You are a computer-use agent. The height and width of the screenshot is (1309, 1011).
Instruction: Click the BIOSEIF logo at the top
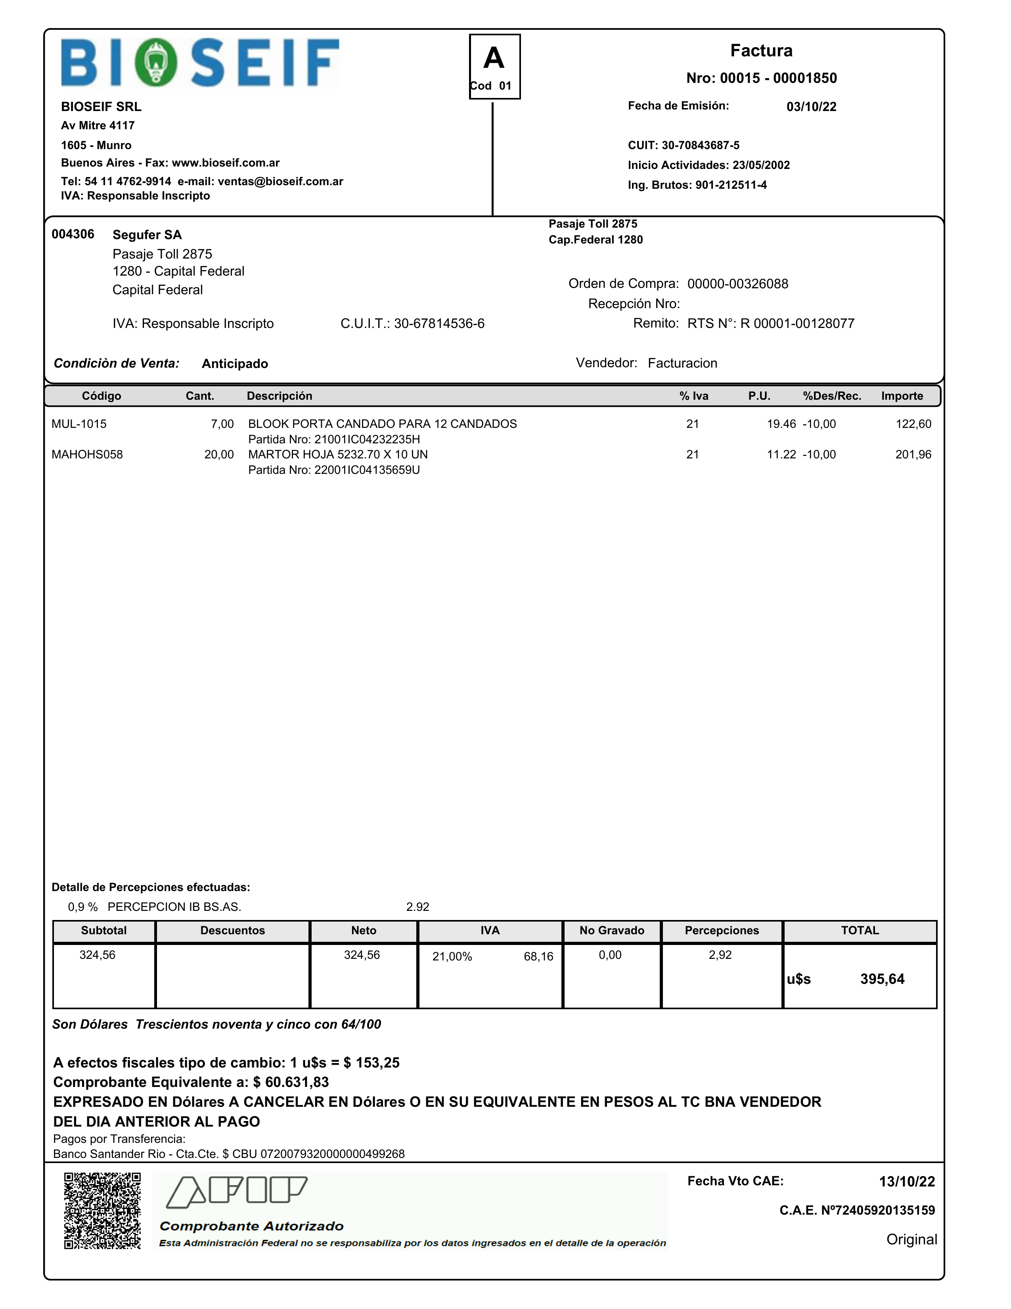coord(200,63)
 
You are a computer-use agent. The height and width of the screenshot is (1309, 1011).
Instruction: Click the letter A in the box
coord(494,59)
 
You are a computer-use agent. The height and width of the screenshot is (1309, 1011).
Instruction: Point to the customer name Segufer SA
coord(147,235)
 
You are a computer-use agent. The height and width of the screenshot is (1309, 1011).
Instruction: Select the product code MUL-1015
coord(79,424)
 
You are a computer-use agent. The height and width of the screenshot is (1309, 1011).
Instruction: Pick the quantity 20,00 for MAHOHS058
coord(219,455)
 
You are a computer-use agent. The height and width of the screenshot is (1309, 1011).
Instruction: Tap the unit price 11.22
coord(781,455)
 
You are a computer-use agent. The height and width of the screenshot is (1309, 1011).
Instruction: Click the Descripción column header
coord(279,396)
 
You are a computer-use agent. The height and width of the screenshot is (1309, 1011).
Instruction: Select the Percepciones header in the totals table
coord(722,931)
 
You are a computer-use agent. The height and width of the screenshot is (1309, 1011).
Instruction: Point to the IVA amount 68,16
coord(538,956)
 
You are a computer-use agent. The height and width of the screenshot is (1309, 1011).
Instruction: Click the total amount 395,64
coord(882,979)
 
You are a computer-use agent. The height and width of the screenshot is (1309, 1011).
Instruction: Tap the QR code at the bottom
coord(102,1211)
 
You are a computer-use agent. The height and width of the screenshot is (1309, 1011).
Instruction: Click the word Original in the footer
coord(911,1240)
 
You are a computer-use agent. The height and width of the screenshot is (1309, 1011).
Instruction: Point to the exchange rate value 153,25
coord(377,1063)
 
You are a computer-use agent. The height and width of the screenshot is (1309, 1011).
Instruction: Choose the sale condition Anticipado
coord(235,364)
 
